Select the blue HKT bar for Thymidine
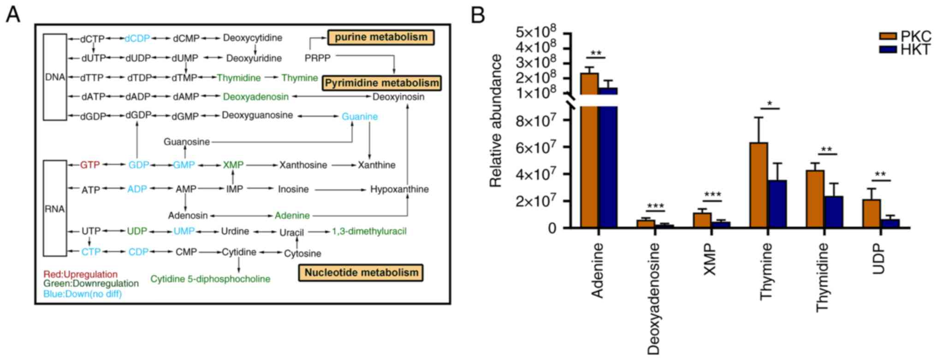point(834,212)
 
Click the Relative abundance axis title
point(496,121)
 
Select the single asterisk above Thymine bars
point(770,103)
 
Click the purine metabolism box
point(381,37)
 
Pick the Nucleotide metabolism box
point(361,272)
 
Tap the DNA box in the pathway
point(55,77)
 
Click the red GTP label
point(90,165)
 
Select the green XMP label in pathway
point(233,165)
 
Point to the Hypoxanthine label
point(399,189)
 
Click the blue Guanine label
point(360,117)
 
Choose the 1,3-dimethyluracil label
point(369,231)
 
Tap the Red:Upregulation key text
point(81,275)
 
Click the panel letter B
point(478,15)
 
